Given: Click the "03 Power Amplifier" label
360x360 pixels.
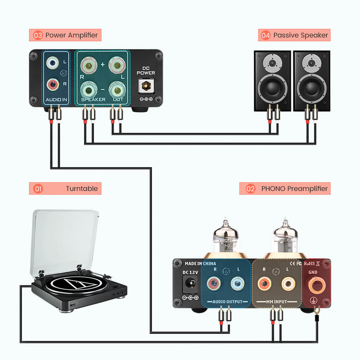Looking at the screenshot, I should (x=65, y=35).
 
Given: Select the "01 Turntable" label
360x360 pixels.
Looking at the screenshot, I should (x=65, y=189).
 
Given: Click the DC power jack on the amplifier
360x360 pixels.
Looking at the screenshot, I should (x=146, y=86).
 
